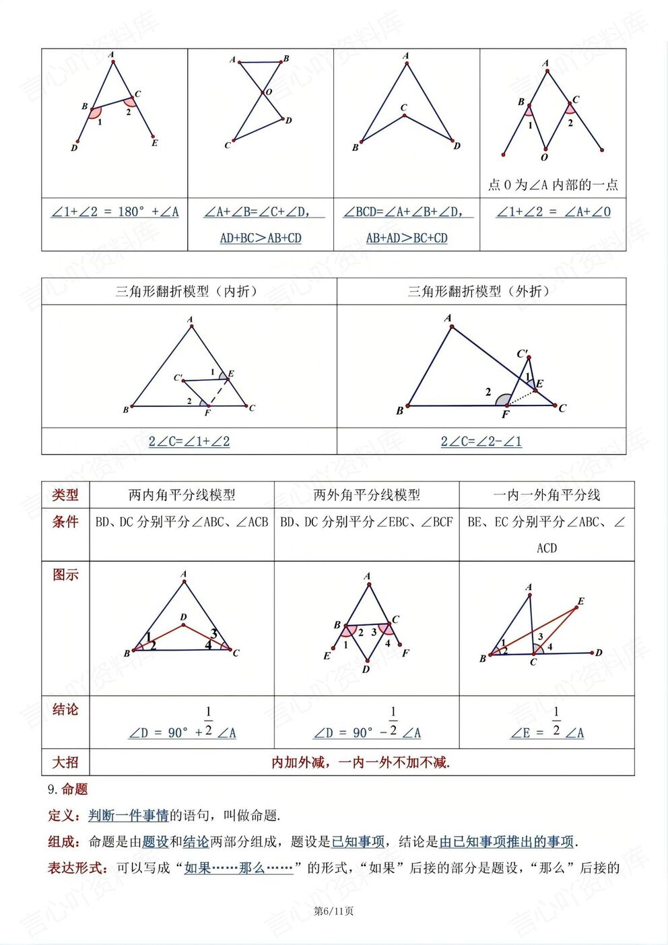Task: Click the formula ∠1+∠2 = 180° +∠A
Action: click(x=115, y=211)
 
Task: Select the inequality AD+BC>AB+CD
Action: click(x=261, y=238)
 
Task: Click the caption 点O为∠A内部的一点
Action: click(x=552, y=185)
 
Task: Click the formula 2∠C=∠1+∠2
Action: click(x=189, y=441)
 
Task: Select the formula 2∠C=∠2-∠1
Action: click(x=481, y=441)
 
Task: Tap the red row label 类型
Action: click(x=65, y=495)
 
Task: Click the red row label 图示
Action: click(x=65, y=575)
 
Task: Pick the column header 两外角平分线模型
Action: click(x=366, y=495)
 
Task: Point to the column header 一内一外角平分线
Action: click(x=547, y=495)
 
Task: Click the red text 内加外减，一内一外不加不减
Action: click(x=361, y=762)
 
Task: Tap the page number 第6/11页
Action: click(x=334, y=911)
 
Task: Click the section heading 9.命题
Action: click(x=68, y=789)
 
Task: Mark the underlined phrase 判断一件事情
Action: click(x=129, y=816)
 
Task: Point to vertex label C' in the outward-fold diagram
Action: click(x=523, y=354)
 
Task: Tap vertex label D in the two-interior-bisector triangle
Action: click(x=183, y=617)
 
